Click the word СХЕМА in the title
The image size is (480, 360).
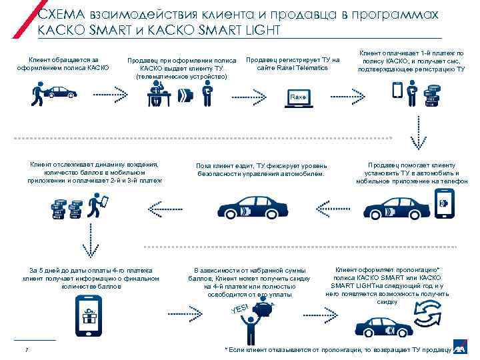coord(59,15)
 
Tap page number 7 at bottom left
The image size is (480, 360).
coord(25,351)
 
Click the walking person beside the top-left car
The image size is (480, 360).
coord(38,94)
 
